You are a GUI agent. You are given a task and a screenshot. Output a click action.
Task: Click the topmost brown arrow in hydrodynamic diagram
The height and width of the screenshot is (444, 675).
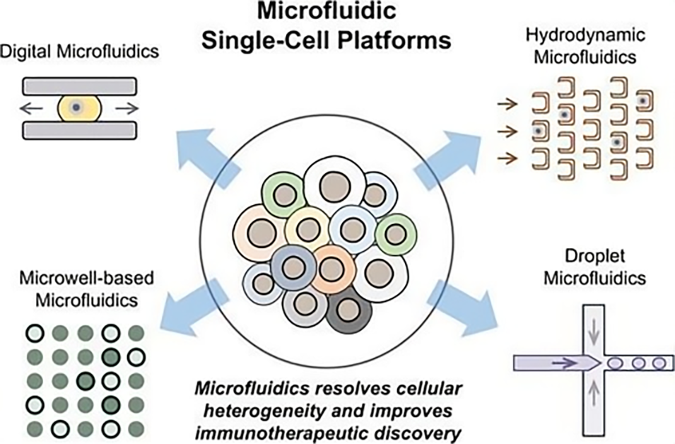[x=507, y=105]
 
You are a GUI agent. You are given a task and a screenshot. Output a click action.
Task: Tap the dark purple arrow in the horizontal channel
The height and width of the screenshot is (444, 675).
[x=562, y=363]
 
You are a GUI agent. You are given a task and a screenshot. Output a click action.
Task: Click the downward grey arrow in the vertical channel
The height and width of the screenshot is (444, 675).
[x=593, y=326]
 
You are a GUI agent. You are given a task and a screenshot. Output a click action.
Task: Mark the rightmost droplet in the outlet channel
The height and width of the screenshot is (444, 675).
[x=659, y=363]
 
